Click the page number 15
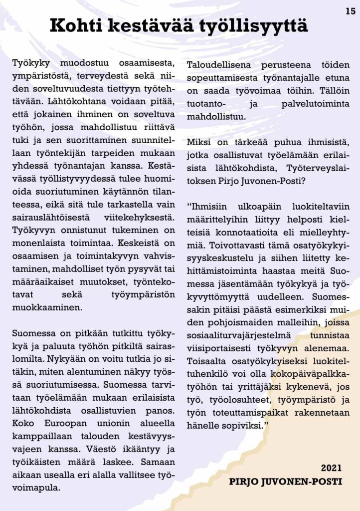[350, 11]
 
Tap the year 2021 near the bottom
[331, 468]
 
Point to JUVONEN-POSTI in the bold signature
[312, 482]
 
